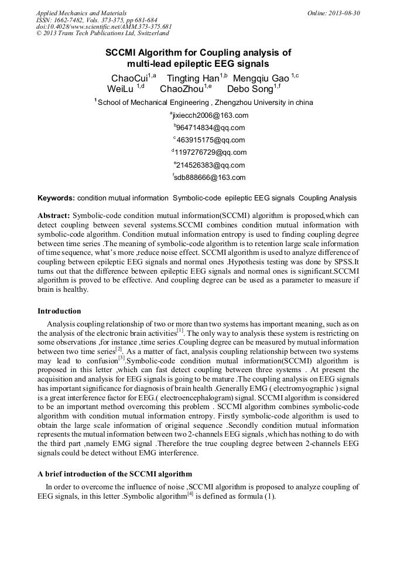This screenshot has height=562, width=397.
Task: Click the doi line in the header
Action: (104, 27)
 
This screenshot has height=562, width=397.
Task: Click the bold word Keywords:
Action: (56, 198)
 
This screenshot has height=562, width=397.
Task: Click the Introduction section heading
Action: (59, 311)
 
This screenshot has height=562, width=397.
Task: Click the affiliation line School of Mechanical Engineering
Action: (204, 103)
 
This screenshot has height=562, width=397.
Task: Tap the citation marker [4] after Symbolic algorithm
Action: (190, 495)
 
